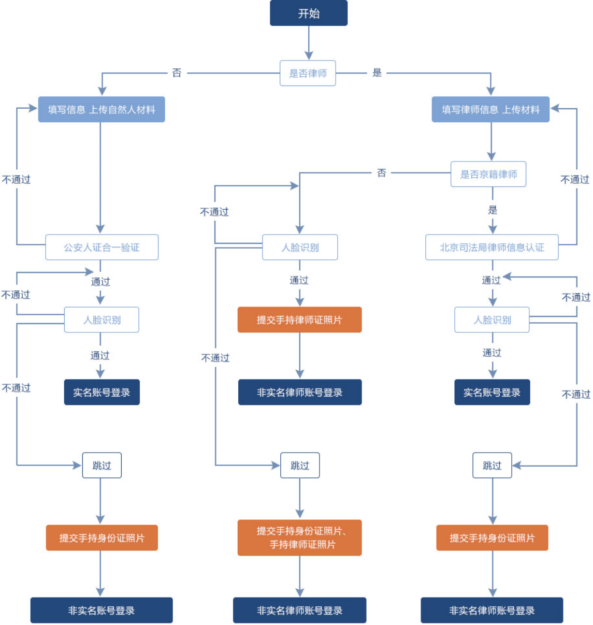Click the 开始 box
[309, 13]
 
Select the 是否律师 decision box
[308, 73]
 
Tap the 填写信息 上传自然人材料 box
[102, 109]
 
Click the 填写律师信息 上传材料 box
[490, 109]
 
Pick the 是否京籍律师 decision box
[488, 174]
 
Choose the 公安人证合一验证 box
[102, 248]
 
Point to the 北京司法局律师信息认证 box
[492, 248]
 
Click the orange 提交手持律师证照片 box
[299, 320]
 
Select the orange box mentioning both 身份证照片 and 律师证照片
[299, 537]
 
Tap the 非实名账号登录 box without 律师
[102, 611]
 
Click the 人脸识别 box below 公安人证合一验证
[102, 320]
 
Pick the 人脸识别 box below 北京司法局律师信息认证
[492, 320]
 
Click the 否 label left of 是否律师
[177, 73]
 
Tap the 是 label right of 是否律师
[377, 72]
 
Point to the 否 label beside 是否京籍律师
[381, 172]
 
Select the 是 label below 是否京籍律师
[493, 210]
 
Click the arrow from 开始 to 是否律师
[309, 43]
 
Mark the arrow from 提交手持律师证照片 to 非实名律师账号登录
[299, 356]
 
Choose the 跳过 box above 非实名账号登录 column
[102, 466]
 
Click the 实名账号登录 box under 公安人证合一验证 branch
[102, 393]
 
